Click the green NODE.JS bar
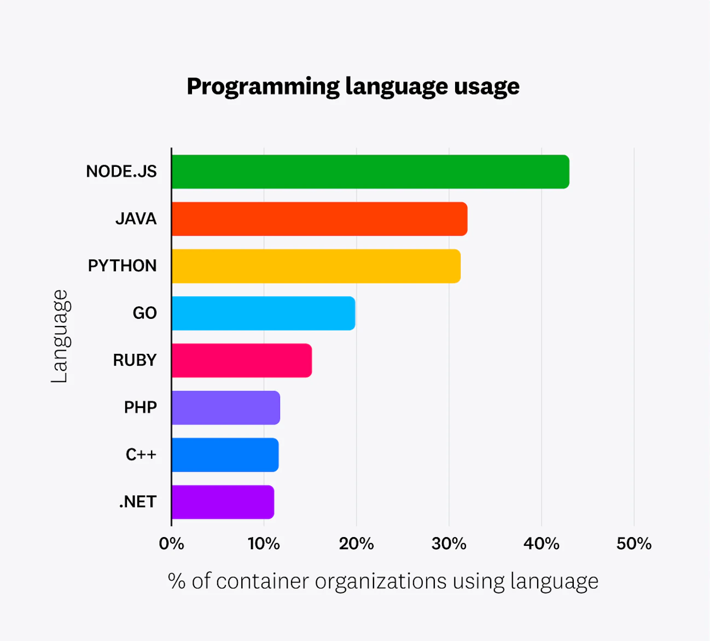pyautogui.click(x=370, y=172)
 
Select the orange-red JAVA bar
pyautogui.click(x=319, y=219)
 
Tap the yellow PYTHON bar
pyautogui.click(x=316, y=266)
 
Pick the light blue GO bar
pyautogui.click(x=263, y=313)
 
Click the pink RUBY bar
pyautogui.click(x=241, y=360)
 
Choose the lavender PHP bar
pyautogui.click(x=225, y=407)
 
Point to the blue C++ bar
pyautogui.click(x=225, y=454)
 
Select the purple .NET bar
pyautogui.click(x=223, y=502)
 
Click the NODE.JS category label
pyautogui.click(x=121, y=172)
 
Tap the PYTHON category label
pyautogui.click(x=123, y=266)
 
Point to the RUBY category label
pyautogui.click(x=135, y=360)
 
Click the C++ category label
pyautogui.click(x=141, y=454)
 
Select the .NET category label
pyautogui.click(x=138, y=502)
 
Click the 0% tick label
pyautogui.click(x=171, y=544)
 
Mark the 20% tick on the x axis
pyautogui.click(x=356, y=544)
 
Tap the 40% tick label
pyautogui.click(x=542, y=544)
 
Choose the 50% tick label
pyautogui.click(x=634, y=544)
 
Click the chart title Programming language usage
pyautogui.click(x=353, y=86)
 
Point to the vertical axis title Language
pyautogui.click(x=59, y=336)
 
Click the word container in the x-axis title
pyautogui.click(x=263, y=581)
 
